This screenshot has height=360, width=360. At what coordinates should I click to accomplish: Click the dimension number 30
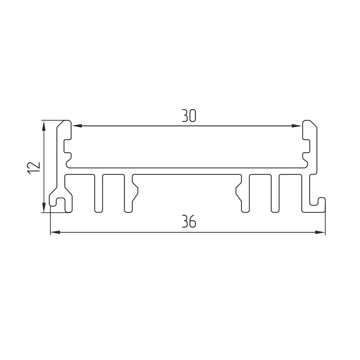pyautogui.click(x=189, y=116)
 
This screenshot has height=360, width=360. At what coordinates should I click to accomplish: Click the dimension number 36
pyautogui.click(x=189, y=221)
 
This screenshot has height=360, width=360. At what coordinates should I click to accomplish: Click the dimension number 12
pyautogui.click(x=34, y=168)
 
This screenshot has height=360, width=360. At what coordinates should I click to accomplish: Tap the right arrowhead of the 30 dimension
pyautogui.click(x=296, y=126)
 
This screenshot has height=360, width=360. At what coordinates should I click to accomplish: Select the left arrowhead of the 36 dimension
pyautogui.click(x=55, y=232)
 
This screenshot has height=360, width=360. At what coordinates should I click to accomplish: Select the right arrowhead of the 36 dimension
pyautogui.click(x=320, y=232)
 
